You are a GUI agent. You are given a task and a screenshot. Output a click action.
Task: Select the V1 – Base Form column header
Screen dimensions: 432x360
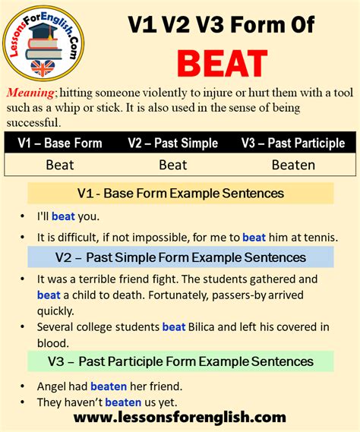(59, 143)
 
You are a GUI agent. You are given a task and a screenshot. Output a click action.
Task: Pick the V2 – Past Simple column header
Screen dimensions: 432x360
(172, 143)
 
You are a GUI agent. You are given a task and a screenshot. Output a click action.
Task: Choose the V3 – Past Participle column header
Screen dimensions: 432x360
(292, 143)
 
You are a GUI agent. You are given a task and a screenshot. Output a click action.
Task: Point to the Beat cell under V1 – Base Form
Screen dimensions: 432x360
(59, 163)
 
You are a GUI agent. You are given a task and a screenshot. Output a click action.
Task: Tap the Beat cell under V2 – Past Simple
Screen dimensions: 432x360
(172, 163)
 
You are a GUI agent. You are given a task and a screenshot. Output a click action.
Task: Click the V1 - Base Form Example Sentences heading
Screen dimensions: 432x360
(181, 193)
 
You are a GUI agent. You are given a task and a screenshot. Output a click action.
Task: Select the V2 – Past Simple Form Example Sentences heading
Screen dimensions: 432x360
(180, 258)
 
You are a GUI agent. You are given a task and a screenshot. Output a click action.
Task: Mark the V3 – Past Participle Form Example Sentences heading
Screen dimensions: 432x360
(180, 361)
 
